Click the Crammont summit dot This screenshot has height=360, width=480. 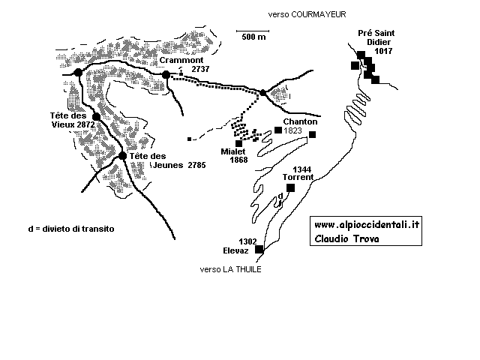pyautogui.click(x=166, y=74)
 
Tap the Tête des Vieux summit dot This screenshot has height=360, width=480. pyautogui.click(x=96, y=117)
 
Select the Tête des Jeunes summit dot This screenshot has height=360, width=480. pyautogui.click(x=122, y=156)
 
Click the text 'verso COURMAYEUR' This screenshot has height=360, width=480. pyautogui.click(x=301, y=14)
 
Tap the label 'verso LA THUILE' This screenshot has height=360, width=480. pyautogui.click(x=230, y=270)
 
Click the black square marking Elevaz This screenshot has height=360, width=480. pyautogui.click(x=259, y=249)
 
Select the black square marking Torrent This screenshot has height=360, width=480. pyautogui.click(x=290, y=187)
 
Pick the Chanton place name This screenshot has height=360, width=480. pyautogui.click(x=301, y=121)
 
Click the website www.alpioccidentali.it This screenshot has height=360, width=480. pyautogui.click(x=367, y=225)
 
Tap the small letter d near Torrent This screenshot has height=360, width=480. pyautogui.click(x=280, y=196)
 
